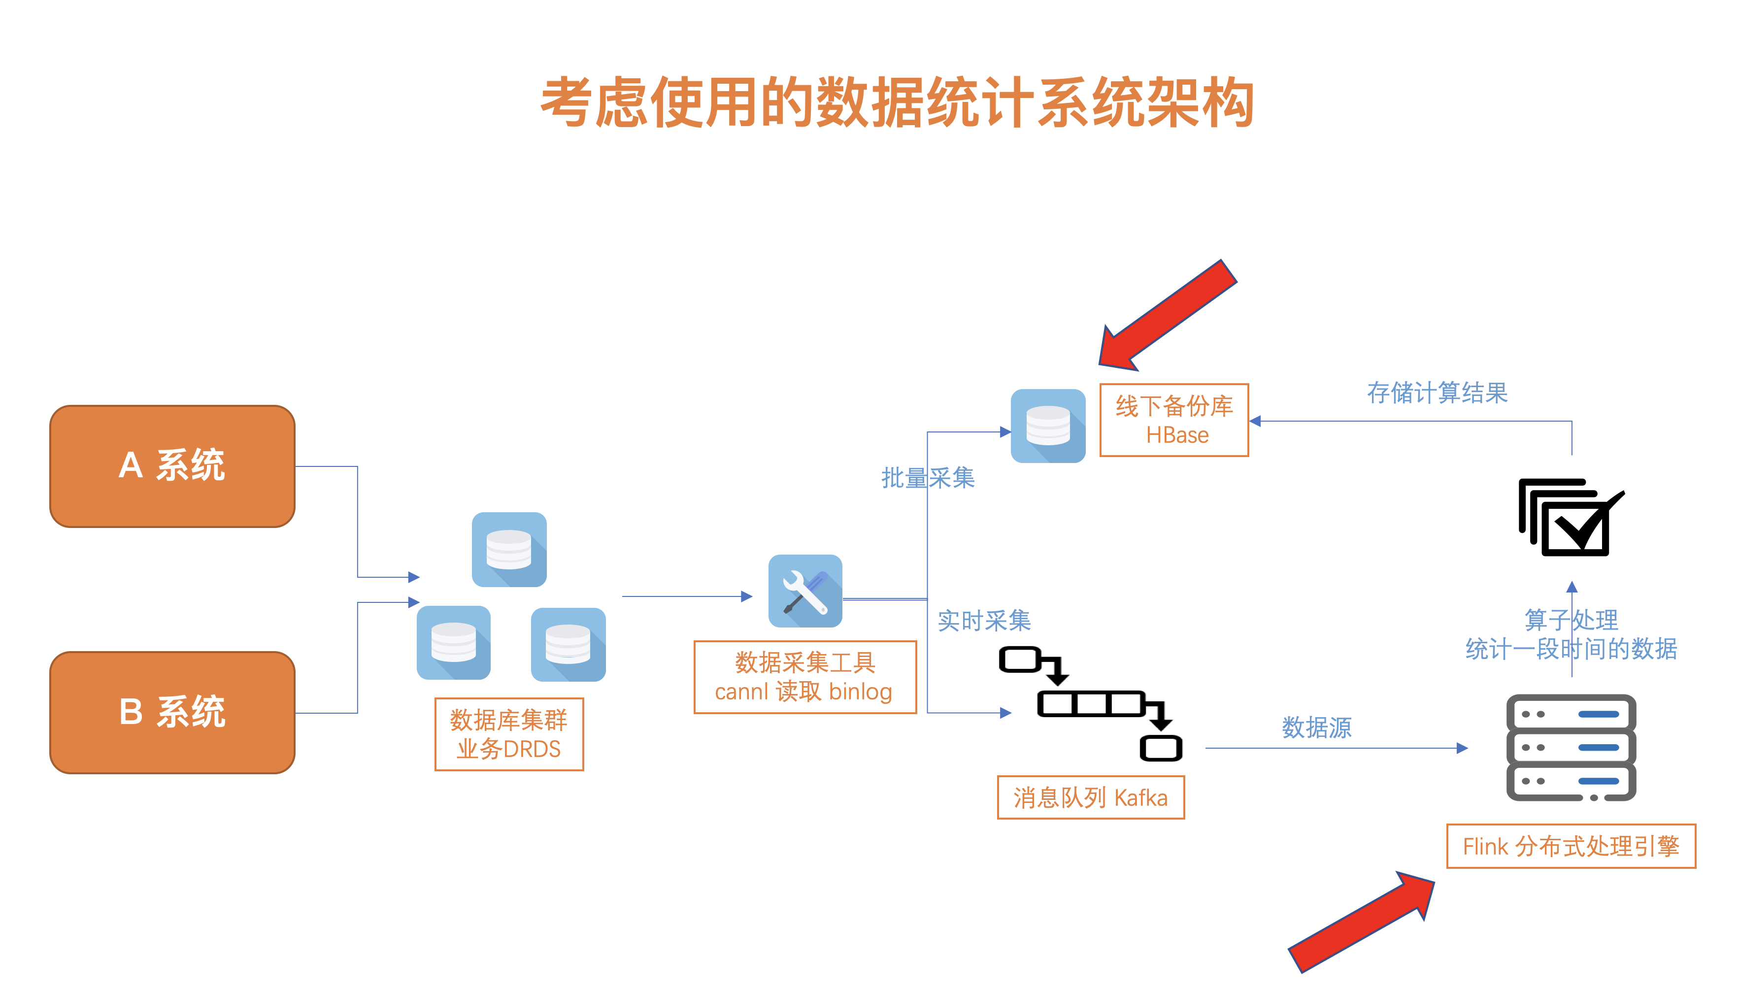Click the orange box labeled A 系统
pyautogui.click(x=172, y=466)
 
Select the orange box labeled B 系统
pyautogui.click(x=172, y=713)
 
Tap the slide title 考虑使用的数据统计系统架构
pyautogui.click(x=897, y=102)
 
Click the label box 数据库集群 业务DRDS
pyautogui.click(x=508, y=734)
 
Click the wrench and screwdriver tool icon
pyautogui.click(x=804, y=591)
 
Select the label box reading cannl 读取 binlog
pyautogui.click(x=804, y=677)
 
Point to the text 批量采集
pyautogui.click(x=927, y=478)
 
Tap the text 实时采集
pyautogui.click(x=984, y=621)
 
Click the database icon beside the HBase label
pyautogui.click(x=1048, y=426)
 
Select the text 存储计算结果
pyautogui.click(x=1437, y=393)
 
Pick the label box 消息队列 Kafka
pyautogui.click(x=1091, y=797)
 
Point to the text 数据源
pyautogui.click(x=1316, y=727)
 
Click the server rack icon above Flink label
pyautogui.click(x=1571, y=747)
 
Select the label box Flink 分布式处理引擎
pyautogui.click(x=1571, y=846)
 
